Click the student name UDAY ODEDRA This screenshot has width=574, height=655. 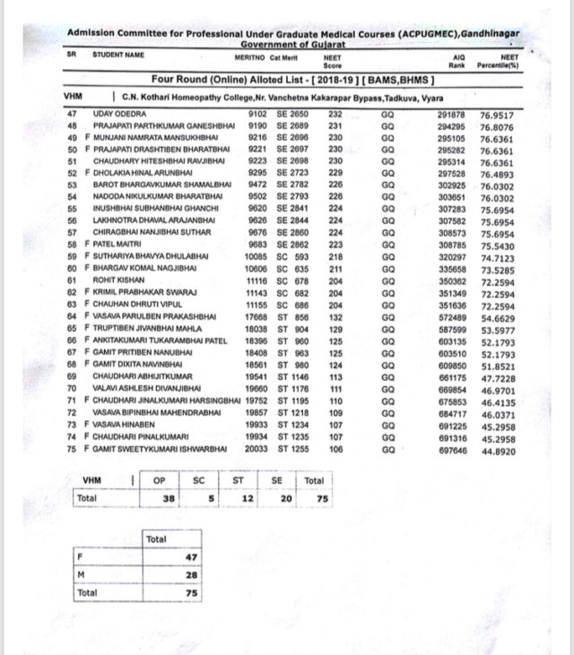121,114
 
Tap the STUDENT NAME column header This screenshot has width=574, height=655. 120,55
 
